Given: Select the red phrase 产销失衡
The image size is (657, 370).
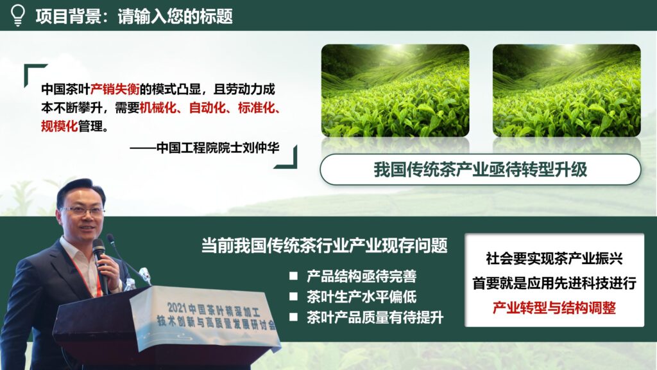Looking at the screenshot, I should click(x=115, y=89).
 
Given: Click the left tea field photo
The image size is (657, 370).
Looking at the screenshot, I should click(x=395, y=90).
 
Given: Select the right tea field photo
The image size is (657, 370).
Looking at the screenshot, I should click(x=567, y=90).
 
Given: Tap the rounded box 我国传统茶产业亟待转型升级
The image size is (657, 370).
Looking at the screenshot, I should click(x=480, y=170).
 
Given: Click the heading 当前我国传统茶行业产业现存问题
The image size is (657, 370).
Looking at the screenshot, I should click(x=324, y=245).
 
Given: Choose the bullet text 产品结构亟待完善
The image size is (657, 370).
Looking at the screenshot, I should click(x=361, y=277).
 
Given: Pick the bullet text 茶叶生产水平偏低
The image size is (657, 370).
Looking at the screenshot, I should click(x=361, y=297).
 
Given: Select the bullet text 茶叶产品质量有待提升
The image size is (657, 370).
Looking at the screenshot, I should click(x=375, y=317).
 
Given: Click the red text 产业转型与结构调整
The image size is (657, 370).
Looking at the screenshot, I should click(x=554, y=308).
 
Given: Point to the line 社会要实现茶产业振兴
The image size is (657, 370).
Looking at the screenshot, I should click(x=554, y=260).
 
